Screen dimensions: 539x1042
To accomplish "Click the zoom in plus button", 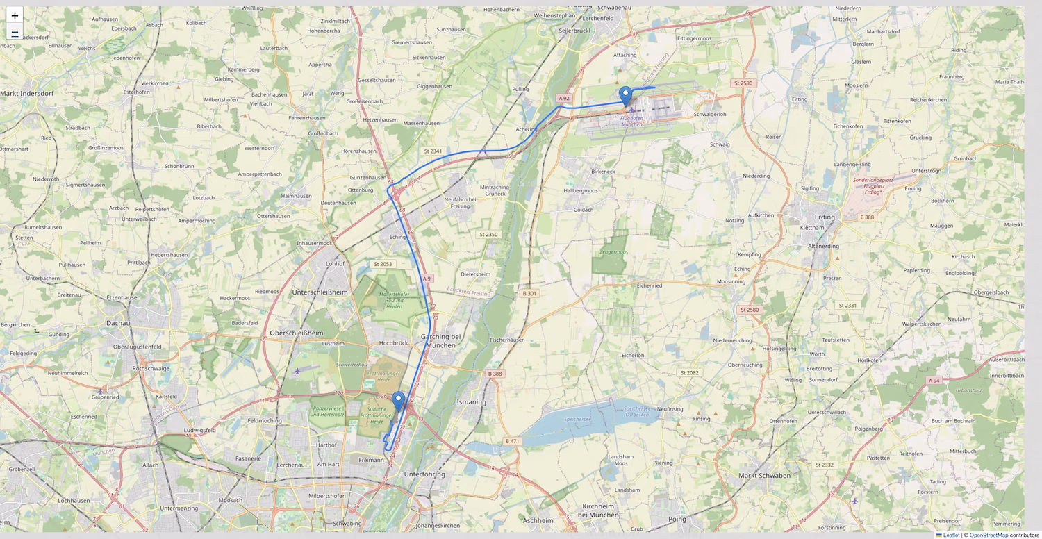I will (15, 15).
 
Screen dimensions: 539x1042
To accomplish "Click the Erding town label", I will (825, 217).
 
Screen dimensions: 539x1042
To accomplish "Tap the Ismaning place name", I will (471, 401).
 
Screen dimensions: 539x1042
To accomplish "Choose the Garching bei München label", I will (440, 340).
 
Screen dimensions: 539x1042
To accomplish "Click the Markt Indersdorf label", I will (27, 92).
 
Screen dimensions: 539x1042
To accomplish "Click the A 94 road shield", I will (934, 381).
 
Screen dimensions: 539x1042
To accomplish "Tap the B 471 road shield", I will (512, 441).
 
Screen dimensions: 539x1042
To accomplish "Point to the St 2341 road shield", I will (432, 151).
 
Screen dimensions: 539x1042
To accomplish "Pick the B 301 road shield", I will (529, 294).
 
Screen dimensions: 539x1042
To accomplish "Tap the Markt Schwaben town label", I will (764, 475).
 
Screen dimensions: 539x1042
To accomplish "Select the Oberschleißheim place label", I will (296, 333).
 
